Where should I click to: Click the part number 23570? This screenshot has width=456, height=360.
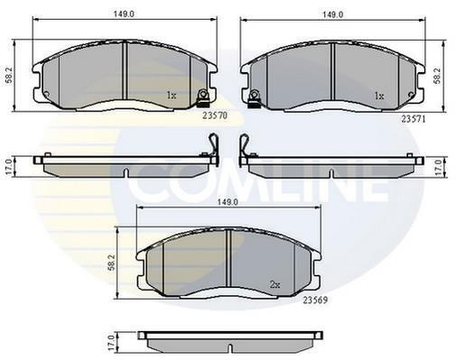(215, 115)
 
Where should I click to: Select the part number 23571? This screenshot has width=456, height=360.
(414, 119)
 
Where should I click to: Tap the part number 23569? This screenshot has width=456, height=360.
(315, 300)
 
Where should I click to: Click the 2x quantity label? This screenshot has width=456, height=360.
(275, 284)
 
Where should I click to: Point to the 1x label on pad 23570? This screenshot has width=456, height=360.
(172, 96)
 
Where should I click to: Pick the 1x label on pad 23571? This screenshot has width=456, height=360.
(379, 96)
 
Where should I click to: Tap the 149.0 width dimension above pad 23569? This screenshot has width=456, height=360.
(228, 202)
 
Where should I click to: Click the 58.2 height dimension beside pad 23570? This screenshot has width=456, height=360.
(9, 76)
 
